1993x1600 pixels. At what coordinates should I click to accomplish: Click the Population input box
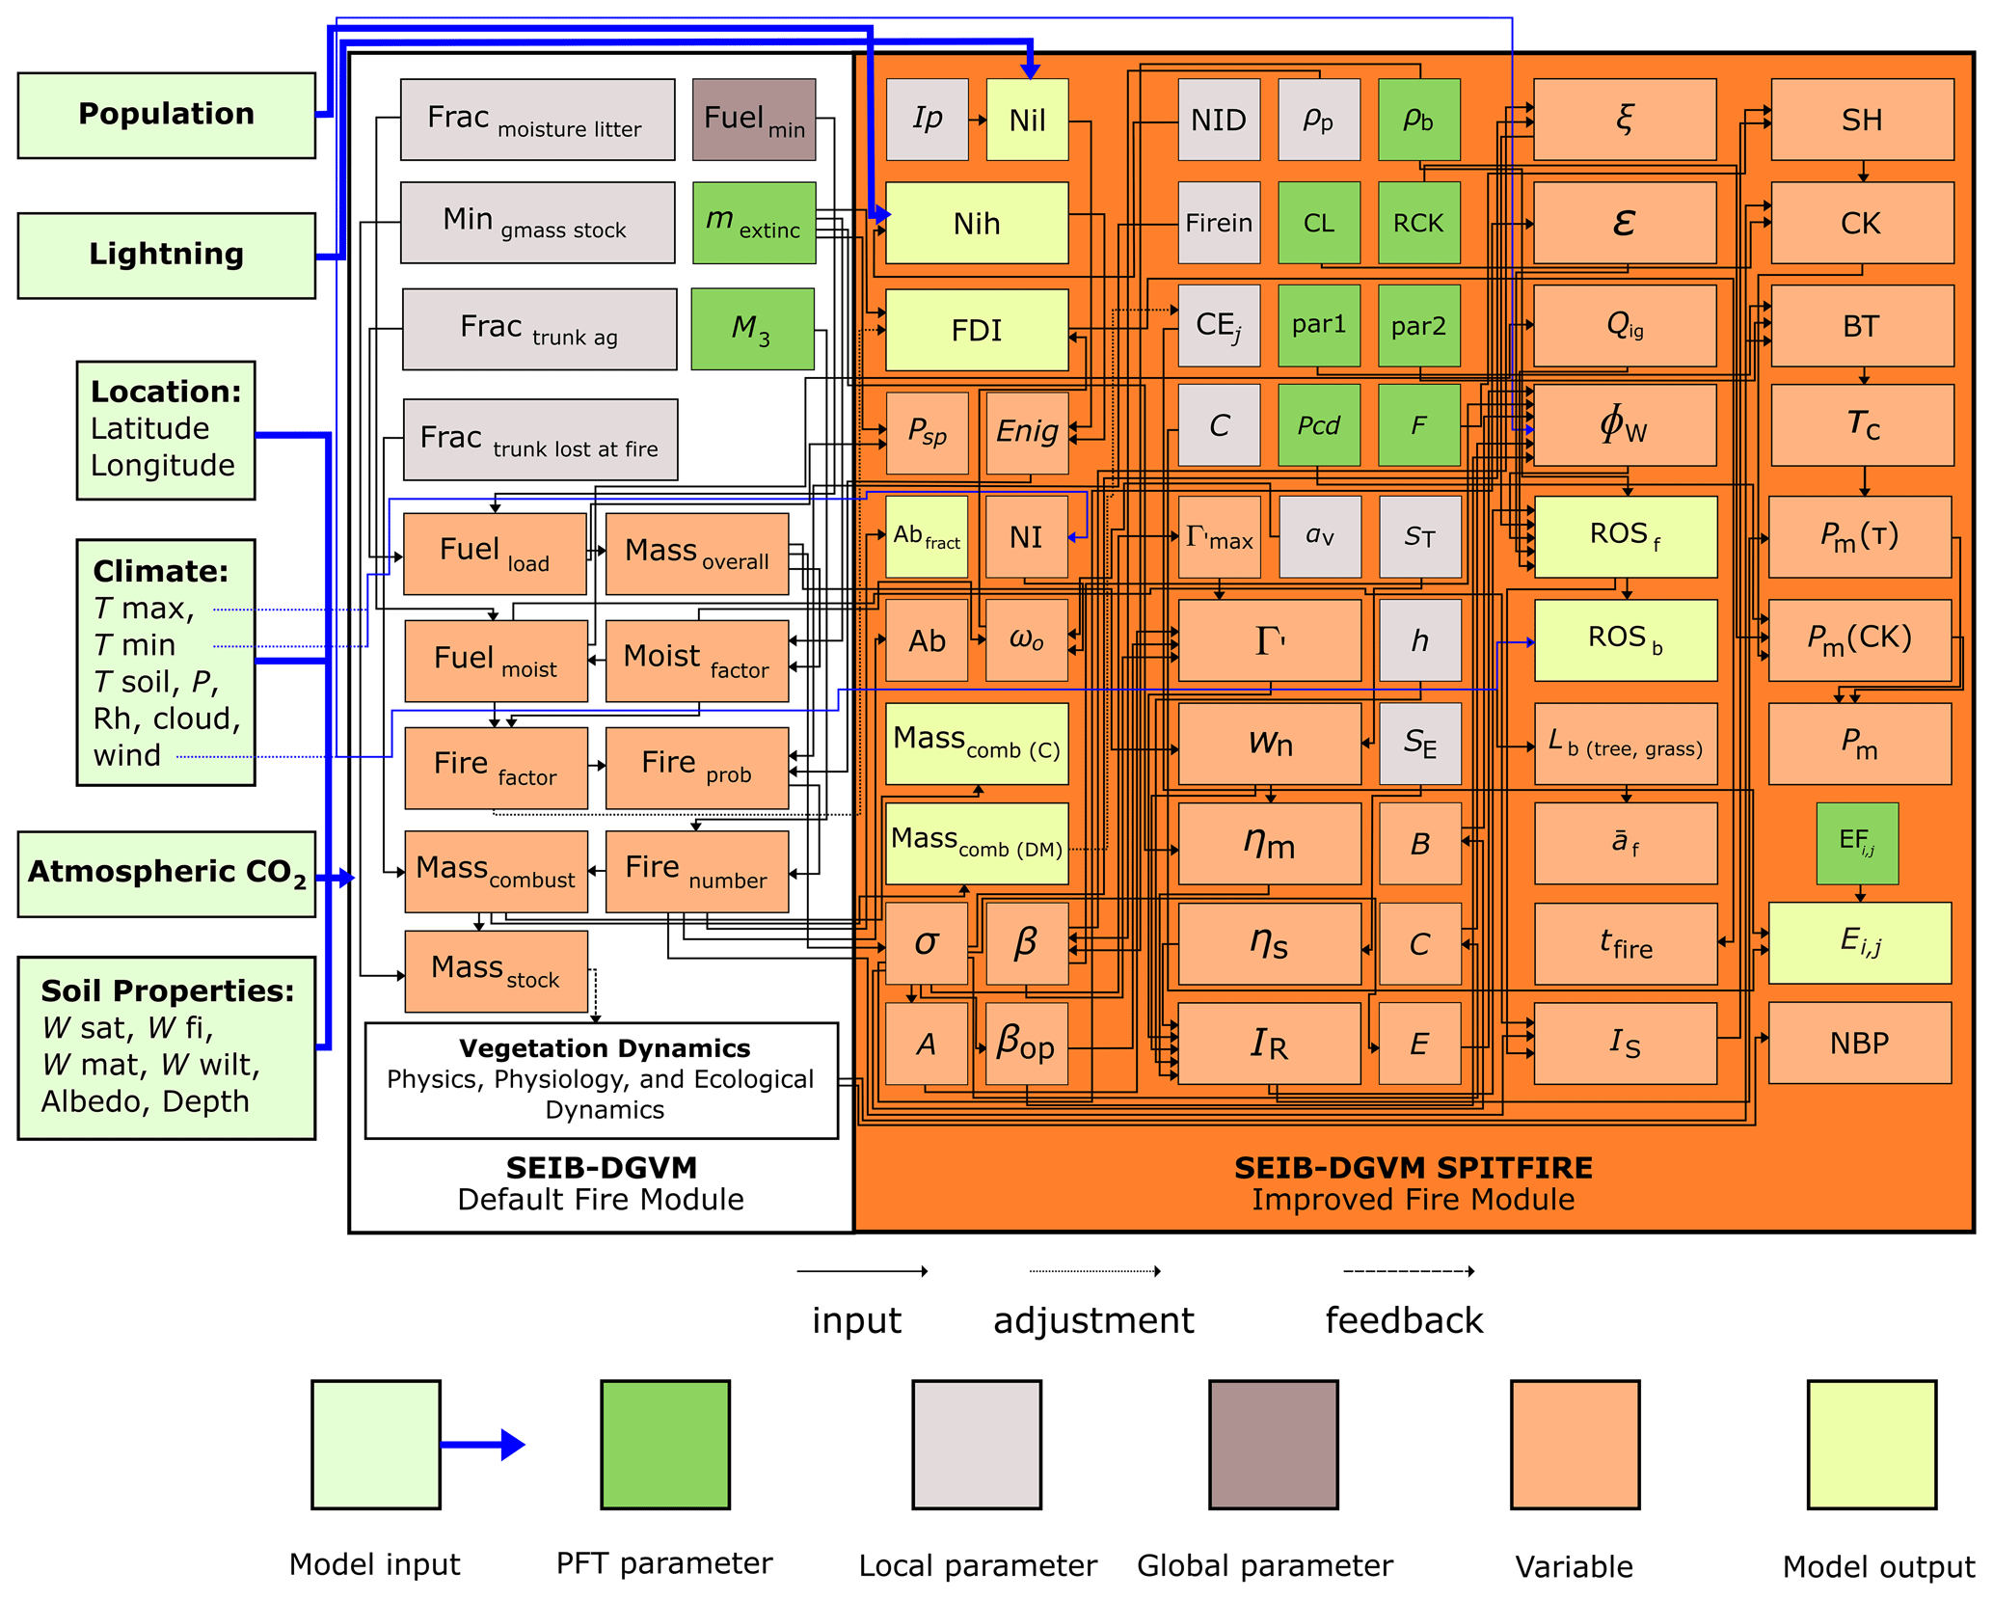click(166, 115)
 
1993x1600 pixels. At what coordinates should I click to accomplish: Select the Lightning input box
click(166, 255)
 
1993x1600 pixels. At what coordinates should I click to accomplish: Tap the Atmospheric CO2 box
click(166, 873)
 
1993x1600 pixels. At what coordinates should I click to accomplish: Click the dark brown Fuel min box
click(754, 120)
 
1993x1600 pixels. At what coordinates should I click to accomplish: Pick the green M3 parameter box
click(752, 329)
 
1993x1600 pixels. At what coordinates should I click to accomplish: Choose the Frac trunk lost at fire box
click(540, 440)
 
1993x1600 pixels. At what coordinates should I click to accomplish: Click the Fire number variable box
click(696, 872)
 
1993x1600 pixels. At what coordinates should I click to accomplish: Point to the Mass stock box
click(496, 970)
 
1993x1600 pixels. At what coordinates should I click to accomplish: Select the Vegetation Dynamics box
click(602, 1080)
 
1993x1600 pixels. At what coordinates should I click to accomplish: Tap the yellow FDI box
click(977, 330)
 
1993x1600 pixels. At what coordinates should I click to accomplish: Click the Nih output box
click(977, 223)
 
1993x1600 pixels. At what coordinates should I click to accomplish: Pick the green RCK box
click(1418, 223)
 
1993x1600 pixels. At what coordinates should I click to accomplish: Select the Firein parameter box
click(1219, 223)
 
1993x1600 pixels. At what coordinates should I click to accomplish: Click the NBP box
click(1859, 1043)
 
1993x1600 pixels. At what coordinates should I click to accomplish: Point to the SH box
click(1862, 120)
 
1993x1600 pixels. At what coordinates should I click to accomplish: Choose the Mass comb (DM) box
click(977, 843)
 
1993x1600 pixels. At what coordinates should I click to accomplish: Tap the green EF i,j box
click(1857, 843)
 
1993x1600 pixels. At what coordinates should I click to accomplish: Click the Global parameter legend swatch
click(1273, 1444)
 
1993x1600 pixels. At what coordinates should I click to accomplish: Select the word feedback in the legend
click(1404, 1320)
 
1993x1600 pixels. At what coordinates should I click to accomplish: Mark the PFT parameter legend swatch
click(665, 1444)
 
